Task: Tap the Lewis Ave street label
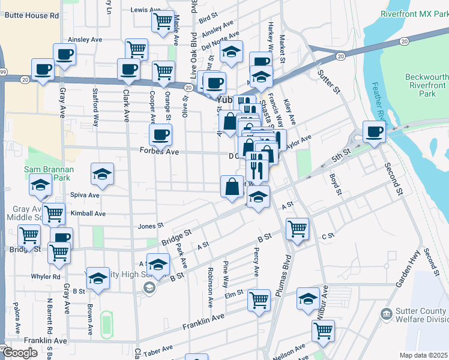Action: (146, 10)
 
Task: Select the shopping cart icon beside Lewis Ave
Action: (163, 22)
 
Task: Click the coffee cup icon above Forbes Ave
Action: (160, 134)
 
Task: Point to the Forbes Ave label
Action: (160, 152)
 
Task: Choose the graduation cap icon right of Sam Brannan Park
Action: (102, 175)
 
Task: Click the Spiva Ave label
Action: (85, 195)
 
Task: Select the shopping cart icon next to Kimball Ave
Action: (54, 213)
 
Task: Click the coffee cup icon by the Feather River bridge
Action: (374, 131)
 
